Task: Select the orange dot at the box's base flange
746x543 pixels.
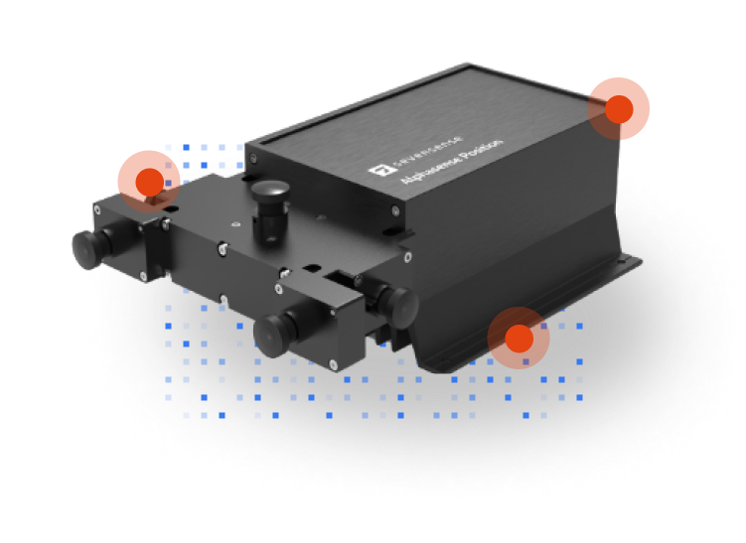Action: (519, 339)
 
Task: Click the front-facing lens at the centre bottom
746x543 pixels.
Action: (272, 330)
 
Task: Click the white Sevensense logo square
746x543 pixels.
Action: (376, 171)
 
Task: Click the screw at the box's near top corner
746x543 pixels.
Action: (396, 210)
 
